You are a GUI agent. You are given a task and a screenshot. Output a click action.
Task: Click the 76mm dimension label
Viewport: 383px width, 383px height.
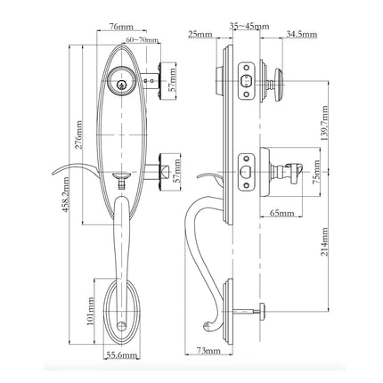click(x=121, y=27)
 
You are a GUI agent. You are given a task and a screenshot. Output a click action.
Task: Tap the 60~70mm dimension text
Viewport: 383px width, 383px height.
click(x=142, y=40)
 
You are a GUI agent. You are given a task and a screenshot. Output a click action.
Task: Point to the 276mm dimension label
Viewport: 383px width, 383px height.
click(x=78, y=134)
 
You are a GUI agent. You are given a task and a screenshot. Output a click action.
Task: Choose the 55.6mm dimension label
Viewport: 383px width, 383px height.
click(x=122, y=355)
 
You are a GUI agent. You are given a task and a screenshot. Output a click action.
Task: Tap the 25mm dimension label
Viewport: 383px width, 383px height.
click(x=200, y=35)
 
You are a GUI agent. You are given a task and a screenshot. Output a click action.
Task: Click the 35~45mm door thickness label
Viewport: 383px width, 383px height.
click(x=249, y=26)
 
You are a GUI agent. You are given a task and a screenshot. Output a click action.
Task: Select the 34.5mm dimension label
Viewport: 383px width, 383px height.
click(x=301, y=35)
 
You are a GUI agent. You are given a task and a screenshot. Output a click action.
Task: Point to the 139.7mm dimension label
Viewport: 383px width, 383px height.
click(x=325, y=123)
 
